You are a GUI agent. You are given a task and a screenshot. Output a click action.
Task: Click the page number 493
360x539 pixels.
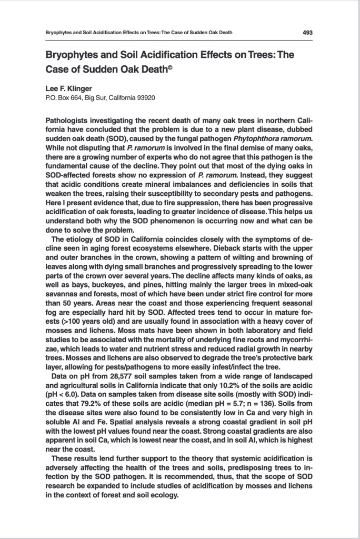point(308,33)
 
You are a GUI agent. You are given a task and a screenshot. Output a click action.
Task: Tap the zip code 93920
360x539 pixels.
point(145,97)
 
